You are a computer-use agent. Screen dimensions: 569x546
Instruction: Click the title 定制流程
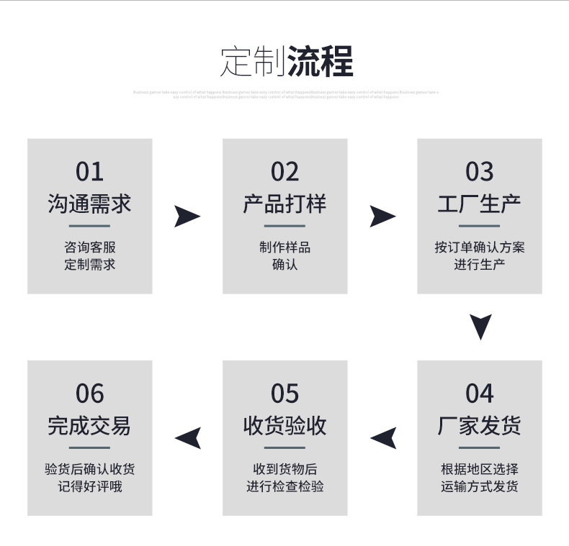(x=286, y=62)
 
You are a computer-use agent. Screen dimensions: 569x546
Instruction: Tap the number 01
(x=90, y=172)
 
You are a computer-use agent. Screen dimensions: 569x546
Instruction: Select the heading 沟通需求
(x=90, y=204)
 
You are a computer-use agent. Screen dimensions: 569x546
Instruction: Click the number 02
(x=284, y=172)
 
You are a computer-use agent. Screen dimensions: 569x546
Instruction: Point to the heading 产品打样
(x=284, y=204)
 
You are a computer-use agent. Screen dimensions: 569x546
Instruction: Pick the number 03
(x=480, y=172)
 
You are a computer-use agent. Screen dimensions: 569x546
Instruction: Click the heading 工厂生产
(x=480, y=204)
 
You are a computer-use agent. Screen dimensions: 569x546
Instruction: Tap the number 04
(x=480, y=393)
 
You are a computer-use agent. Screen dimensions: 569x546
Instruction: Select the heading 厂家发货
(x=480, y=425)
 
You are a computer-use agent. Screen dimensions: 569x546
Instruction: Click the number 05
(x=284, y=393)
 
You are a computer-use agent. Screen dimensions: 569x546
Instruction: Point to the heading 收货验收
(x=284, y=425)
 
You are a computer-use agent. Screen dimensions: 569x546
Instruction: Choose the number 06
(x=90, y=393)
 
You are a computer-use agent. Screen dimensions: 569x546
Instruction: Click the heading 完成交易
(x=90, y=425)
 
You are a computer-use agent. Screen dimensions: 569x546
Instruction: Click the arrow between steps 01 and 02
(x=187, y=216)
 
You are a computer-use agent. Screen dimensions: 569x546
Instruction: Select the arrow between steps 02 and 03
(x=382, y=216)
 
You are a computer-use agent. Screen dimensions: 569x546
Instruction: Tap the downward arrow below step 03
(x=480, y=326)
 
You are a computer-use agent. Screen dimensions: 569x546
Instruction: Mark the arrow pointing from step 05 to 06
(x=188, y=437)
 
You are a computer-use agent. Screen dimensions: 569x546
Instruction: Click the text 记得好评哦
(x=90, y=486)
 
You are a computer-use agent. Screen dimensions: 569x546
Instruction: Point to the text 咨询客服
(x=90, y=247)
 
